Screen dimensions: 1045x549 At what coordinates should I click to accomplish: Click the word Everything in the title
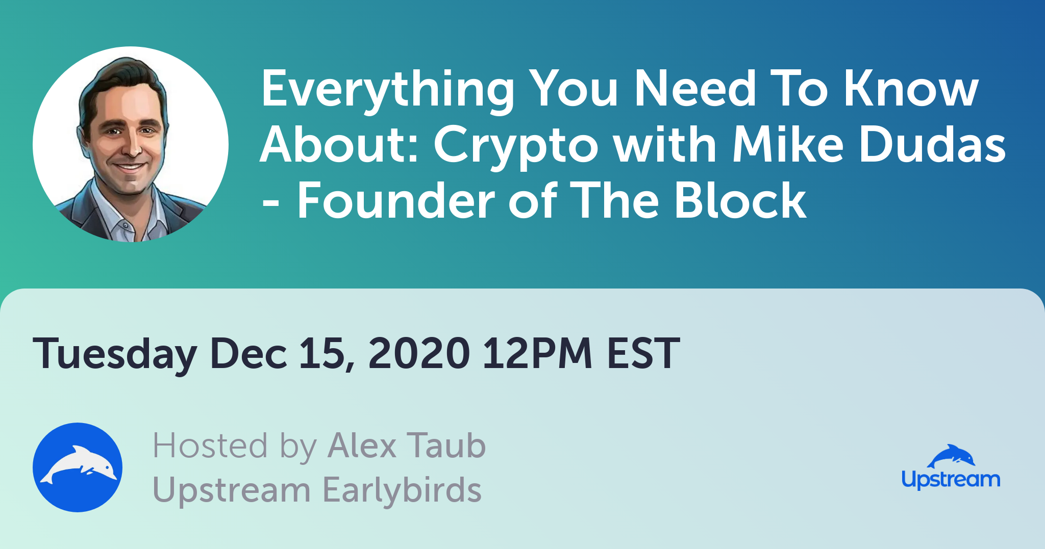click(x=388, y=91)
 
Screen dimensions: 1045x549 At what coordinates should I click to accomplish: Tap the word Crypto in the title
click(x=515, y=147)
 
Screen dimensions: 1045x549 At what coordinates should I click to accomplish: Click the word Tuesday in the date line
click(x=115, y=354)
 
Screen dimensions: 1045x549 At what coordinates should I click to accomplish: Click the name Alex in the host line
click(x=362, y=446)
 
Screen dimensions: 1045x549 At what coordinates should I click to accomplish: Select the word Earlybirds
click(x=402, y=490)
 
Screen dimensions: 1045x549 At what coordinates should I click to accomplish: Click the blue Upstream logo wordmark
click(x=951, y=480)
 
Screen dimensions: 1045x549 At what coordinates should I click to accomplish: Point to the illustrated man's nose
click(x=134, y=145)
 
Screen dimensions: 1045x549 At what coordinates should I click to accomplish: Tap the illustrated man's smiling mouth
click(x=130, y=167)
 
